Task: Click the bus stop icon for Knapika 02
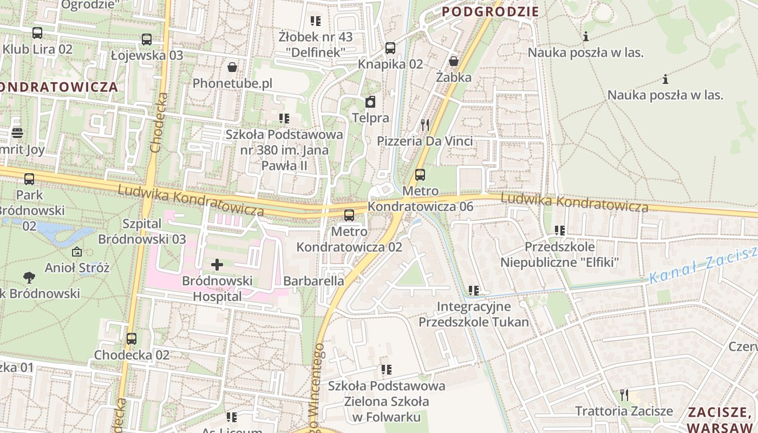tap(390, 48)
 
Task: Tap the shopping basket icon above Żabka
tap(454, 61)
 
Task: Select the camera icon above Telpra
tap(370, 102)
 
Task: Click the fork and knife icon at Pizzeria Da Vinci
tap(425, 125)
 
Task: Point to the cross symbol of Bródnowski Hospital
tap(217, 265)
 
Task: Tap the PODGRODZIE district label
tap(491, 11)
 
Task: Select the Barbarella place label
tap(313, 281)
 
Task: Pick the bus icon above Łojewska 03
tap(147, 40)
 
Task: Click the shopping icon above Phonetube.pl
tap(232, 67)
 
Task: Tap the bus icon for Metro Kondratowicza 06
tap(420, 175)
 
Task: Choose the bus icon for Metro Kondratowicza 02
tap(349, 215)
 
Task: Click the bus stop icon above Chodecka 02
tap(132, 339)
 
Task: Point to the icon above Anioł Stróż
tap(77, 252)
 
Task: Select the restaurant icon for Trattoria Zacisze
tap(624, 395)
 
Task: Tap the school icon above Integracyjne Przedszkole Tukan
tap(474, 291)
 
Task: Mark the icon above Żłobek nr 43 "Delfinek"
tap(315, 21)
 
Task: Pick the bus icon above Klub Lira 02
tap(37, 33)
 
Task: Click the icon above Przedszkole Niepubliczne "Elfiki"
tap(559, 231)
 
